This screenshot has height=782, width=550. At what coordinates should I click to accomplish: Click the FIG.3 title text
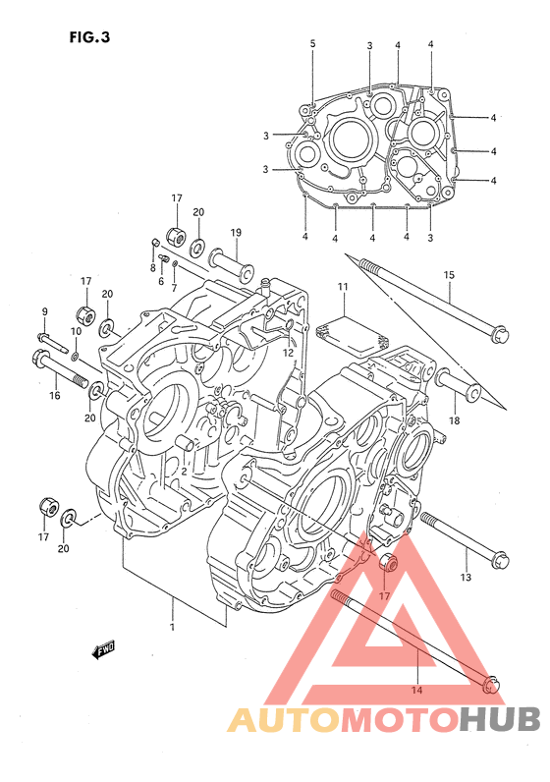89,37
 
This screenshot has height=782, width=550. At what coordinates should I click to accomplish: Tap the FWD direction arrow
104,649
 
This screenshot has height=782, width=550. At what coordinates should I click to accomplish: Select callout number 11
342,287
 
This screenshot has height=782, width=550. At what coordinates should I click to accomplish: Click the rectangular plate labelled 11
352,333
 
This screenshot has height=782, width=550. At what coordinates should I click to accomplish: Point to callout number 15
449,275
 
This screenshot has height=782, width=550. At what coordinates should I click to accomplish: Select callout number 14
416,691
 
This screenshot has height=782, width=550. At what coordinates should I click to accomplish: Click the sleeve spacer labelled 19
232,263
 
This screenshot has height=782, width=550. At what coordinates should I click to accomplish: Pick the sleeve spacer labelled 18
458,387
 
